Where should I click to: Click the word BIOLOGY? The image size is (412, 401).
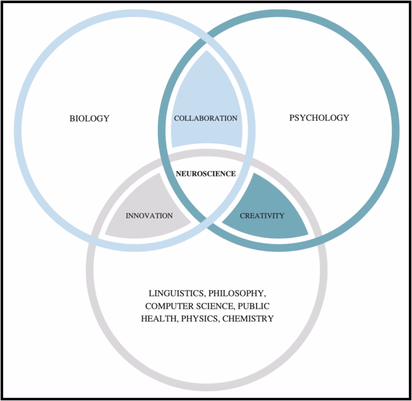click(89, 118)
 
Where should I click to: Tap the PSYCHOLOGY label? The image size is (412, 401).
click(319, 118)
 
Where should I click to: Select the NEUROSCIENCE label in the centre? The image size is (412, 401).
click(206, 174)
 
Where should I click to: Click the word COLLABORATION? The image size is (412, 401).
click(206, 118)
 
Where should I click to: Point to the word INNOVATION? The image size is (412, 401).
click(149, 216)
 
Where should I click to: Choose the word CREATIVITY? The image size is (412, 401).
click(262, 216)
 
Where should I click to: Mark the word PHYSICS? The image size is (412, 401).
click(200, 318)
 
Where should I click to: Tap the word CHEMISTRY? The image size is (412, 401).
click(248, 318)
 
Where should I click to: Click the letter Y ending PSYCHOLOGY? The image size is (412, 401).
click(346, 118)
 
